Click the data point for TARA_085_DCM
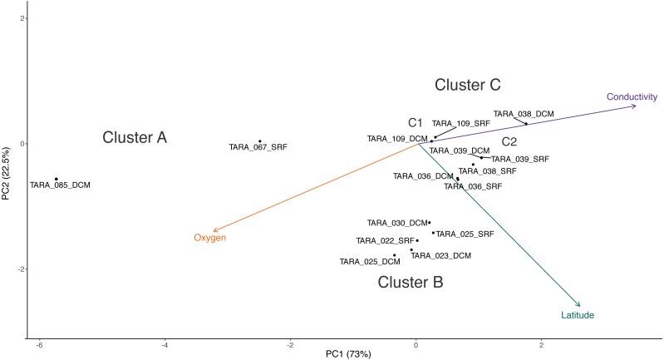pos(57,179)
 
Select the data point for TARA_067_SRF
pos(259,141)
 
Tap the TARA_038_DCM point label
pos(524,114)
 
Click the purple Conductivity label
pos(632,96)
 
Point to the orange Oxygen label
pos(210,239)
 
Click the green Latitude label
pos(578,315)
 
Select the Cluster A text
pos(135,138)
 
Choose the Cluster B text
pos(411,283)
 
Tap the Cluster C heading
pos(468,85)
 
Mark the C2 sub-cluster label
pos(509,142)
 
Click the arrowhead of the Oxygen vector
pos(214,230)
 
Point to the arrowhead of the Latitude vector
pos(579,305)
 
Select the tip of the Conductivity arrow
pos(635,106)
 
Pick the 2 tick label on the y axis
pos(24,18)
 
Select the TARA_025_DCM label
pos(364,261)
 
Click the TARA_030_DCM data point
pos(430,223)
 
